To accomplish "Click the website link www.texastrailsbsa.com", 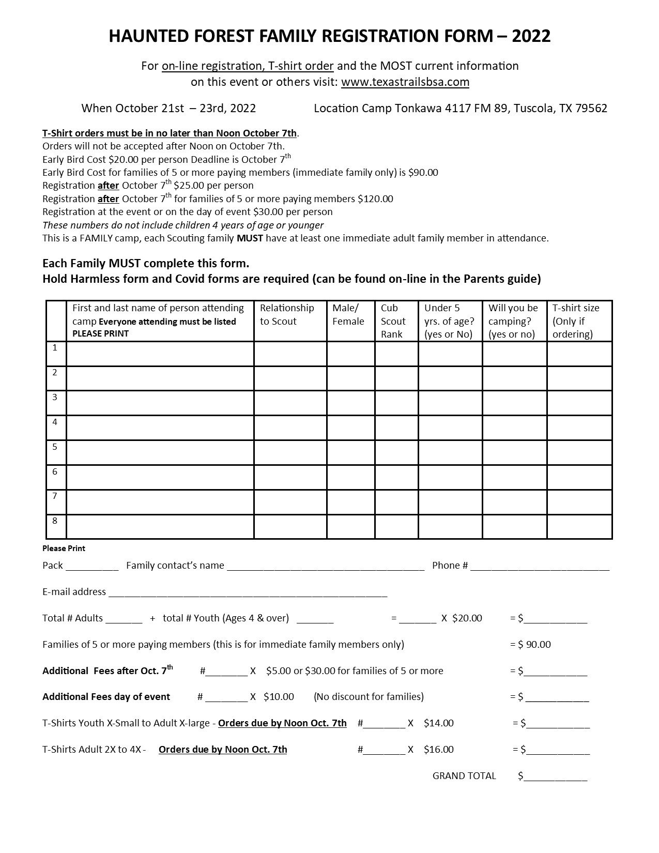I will click(x=405, y=82).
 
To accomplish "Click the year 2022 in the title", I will click(x=531, y=36).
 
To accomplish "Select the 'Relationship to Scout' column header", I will click(x=287, y=314).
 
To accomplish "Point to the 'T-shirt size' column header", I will click(x=576, y=321).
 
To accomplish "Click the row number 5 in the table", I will click(x=55, y=447).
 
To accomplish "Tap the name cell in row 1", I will click(x=160, y=354).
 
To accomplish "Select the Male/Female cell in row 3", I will click(x=350, y=403).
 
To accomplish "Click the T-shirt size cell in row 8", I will click(x=579, y=527).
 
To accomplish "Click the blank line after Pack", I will click(x=92, y=566).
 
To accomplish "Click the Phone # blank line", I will click(x=540, y=566).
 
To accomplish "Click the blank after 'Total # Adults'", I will click(x=124, y=619).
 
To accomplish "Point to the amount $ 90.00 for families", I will click(x=534, y=645).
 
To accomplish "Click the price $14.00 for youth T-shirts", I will click(x=438, y=723).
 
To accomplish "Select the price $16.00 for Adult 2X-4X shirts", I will click(x=438, y=750).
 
